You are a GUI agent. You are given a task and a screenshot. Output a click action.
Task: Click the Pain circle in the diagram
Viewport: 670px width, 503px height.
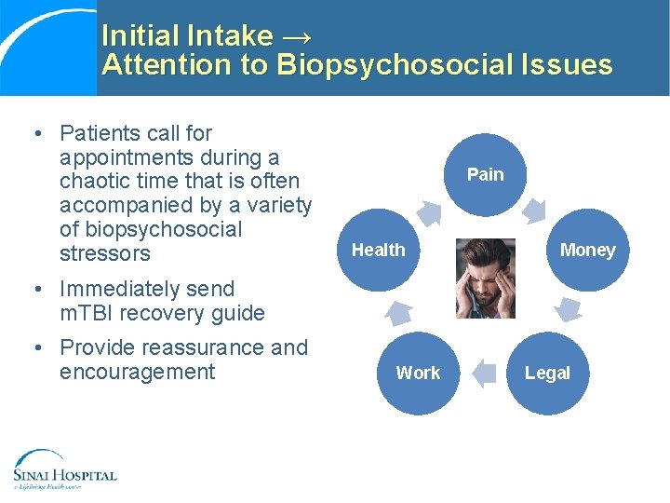click(485, 174)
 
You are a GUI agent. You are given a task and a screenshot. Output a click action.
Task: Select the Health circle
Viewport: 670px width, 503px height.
click(378, 250)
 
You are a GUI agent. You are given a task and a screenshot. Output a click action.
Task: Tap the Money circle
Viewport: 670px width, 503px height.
click(587, 250)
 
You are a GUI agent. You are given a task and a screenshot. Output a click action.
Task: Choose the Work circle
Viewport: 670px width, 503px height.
click(418, 373)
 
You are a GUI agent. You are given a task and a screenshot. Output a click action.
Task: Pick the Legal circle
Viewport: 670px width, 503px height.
click(547, 373)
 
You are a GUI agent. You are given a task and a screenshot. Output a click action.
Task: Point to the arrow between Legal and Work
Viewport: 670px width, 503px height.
click(484, 374)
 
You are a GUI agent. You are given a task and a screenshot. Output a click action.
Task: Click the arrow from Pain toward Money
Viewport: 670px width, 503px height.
click(535, 211)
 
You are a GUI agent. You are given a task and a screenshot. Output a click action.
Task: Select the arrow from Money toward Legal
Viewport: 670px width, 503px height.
click(569, 308)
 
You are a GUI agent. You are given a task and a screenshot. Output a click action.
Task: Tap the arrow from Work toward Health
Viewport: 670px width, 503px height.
click(398, 312)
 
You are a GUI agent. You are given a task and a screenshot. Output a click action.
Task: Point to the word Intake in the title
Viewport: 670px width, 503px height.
click(230, 36)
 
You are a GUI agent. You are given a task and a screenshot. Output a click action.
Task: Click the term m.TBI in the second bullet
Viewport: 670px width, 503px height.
click(87, 313)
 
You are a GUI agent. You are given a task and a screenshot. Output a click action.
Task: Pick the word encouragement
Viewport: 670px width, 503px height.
click(137, 372)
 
